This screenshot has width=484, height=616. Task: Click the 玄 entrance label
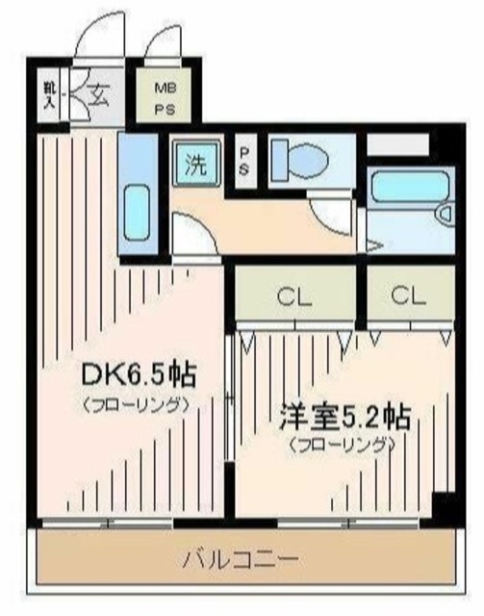[x=98, y=94]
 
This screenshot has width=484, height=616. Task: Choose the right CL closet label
[x=409, y=297]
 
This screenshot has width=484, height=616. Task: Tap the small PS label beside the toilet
[x=244, y=161]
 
